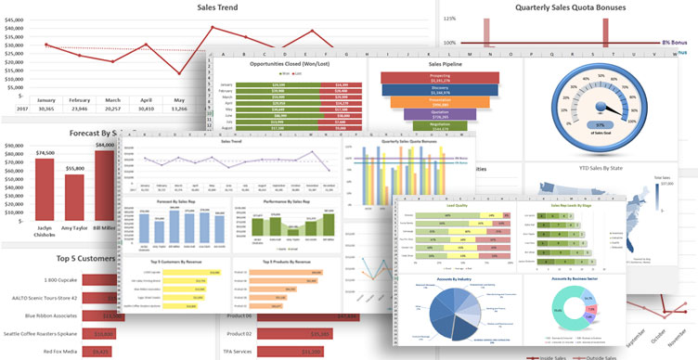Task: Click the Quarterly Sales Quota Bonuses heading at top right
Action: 583,7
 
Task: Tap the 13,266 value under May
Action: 180,109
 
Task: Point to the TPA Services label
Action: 245,352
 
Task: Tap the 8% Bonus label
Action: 676,43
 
